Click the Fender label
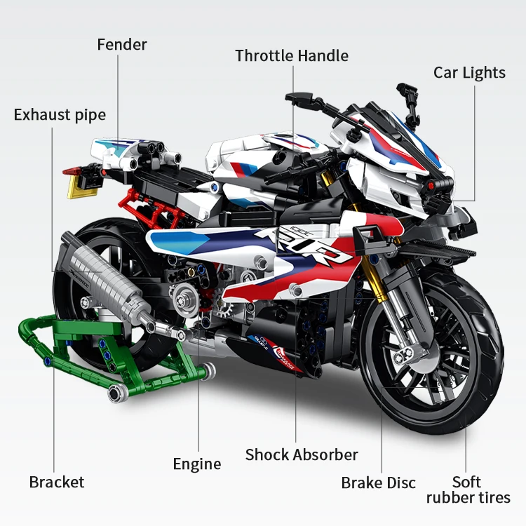[x=122, y=45]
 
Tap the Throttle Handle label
[x=292, y=55]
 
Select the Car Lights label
[x=469, y=73]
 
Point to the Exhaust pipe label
[x=60, y=114]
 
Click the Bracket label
[x=57, y=482]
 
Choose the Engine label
[x=197, y=464]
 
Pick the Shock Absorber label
[x=302, y=454]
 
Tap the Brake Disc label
[x=379, y=483]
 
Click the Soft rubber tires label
[x=468, y=490]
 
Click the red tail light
[x=69, y=170]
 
